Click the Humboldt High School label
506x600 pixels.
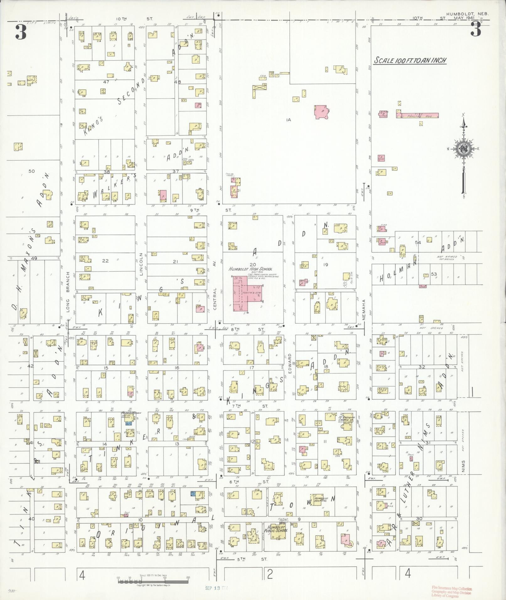point(250,269)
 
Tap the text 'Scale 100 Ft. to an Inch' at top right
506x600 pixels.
point(410,61)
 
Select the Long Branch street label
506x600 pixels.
point(68,292)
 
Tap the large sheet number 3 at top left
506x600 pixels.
point(21,32)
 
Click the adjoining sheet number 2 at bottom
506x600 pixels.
point(270,574)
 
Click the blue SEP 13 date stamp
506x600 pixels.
point(216,588)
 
